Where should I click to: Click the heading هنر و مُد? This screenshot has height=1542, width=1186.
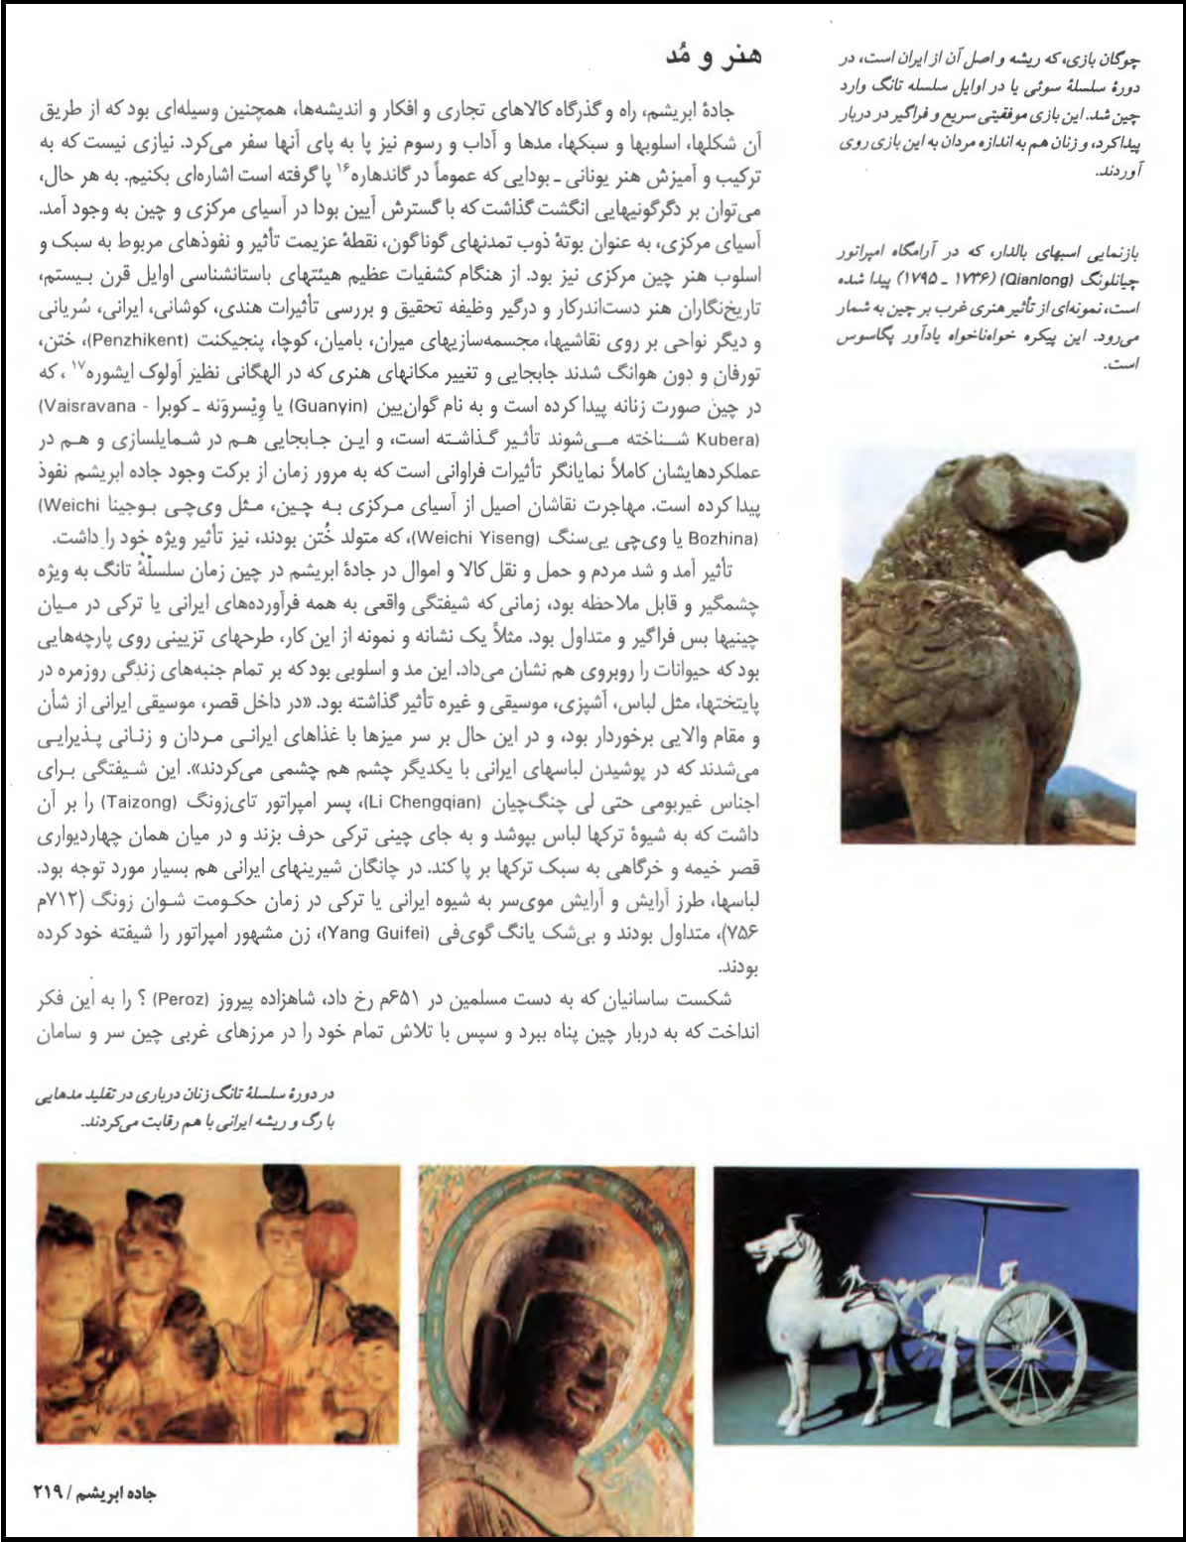tap(713, 56)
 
